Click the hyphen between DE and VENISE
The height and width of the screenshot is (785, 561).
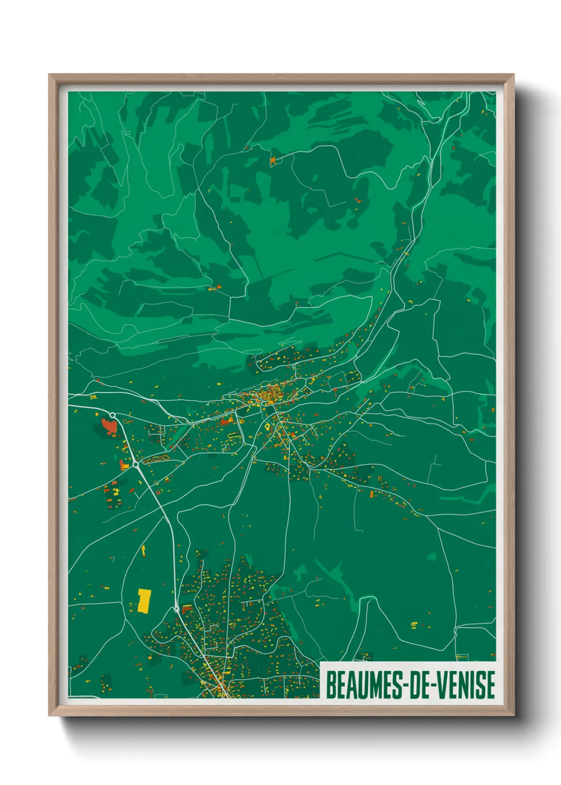pyautogui.click(x=429, y=685)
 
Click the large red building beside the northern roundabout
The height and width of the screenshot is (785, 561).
pyautogui.click(x=109, y=426)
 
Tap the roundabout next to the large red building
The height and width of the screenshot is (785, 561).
pyautogui.click(x=112, y=415)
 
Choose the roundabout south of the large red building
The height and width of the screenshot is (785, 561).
pyautogui.click(x=136, y=464)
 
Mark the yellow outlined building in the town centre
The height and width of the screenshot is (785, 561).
pyautogui.click(x=268, y=425)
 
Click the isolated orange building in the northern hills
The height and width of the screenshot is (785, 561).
pyautogui.click(x=273, y=159)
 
